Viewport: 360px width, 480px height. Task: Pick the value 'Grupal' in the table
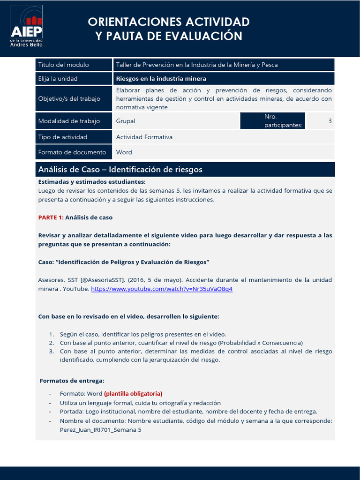(x=126, y=121)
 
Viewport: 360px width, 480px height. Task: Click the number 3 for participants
(x=330, y=121)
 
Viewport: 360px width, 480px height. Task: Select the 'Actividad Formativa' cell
(x=144, y=137)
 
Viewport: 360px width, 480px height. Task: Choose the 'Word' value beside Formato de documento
(x=124, y=152)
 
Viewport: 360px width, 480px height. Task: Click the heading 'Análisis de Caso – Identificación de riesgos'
(x=120, y=169)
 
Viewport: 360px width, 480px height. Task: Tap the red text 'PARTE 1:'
(x=51, y=217)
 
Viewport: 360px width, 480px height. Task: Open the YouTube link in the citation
(x=162, y=289)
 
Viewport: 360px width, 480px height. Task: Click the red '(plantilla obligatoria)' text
(x=133, y=394)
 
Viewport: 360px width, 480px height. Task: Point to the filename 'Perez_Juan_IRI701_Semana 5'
(x=100, y=429)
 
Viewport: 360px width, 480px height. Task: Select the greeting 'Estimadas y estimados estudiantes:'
(x=92, y=182)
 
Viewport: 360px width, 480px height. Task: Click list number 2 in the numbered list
(x=52, y=343)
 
